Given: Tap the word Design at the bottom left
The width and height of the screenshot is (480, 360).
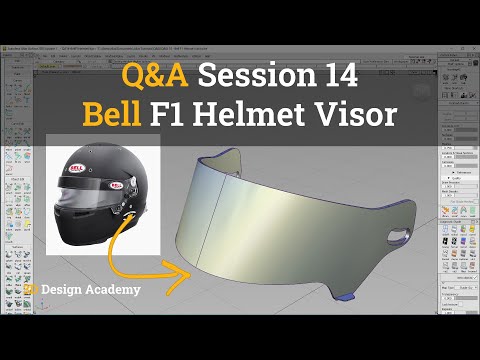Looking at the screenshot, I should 67,290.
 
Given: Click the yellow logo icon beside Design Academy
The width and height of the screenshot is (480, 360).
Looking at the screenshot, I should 32,290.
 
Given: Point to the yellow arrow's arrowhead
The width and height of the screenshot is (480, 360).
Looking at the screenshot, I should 189,267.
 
